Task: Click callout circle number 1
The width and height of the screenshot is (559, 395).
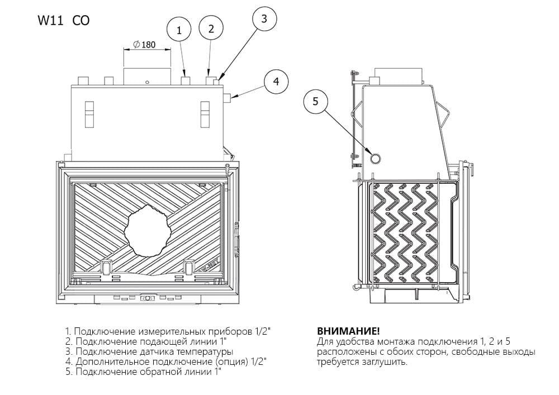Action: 179,30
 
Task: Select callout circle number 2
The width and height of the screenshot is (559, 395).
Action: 211,29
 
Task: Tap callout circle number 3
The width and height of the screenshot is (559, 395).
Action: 264,18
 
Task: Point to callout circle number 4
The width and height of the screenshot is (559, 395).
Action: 276,82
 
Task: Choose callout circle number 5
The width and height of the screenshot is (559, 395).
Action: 315,101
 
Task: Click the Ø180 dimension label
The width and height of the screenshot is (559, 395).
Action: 145,45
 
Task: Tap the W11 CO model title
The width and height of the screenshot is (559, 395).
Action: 63,21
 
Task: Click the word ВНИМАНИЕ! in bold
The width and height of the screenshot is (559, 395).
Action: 340,331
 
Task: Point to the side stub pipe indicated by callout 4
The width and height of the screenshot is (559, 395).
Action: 228,98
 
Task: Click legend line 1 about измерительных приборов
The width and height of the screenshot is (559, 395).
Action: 168,331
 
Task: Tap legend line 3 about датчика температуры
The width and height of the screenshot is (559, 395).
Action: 149,351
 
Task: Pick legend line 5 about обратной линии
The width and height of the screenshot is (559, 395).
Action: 143,372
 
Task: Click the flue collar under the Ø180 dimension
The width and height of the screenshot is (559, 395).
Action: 146,76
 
